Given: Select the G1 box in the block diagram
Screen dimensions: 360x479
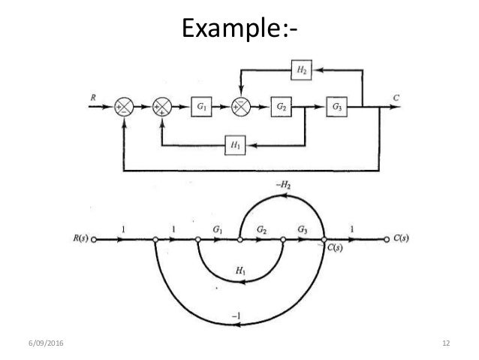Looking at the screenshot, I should click(200, 107).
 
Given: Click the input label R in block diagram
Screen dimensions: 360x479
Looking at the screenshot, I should click(94, 98).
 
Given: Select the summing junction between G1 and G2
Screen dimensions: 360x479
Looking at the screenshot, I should click(241, 107).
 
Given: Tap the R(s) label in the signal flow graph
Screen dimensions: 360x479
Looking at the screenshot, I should click(79, 241).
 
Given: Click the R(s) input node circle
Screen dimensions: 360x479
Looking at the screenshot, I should click(95, 241).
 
